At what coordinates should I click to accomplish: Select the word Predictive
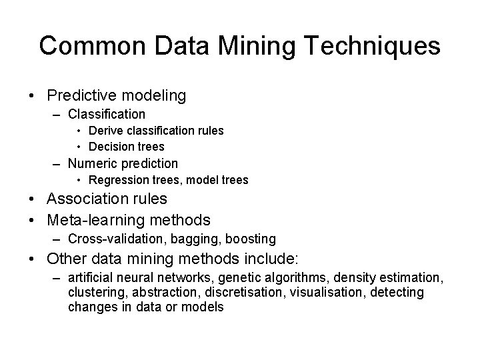tap(80, 96)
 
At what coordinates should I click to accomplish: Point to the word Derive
tap(105, 131)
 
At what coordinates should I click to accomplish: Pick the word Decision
tap(110, 147)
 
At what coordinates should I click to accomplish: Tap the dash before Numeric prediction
tap(58, 163)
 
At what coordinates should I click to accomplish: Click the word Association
tap(87, 199)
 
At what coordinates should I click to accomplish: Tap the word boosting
tap(251, 239)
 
